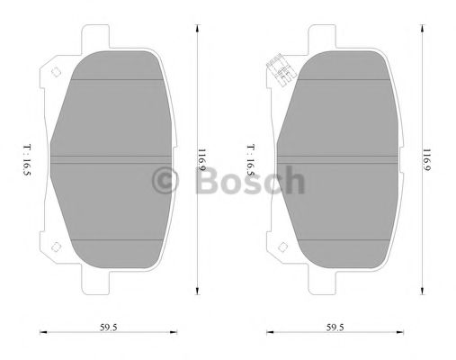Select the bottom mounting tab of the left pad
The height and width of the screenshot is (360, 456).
[x=107, y=287]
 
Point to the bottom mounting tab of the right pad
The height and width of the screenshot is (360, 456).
[x=331, y=287]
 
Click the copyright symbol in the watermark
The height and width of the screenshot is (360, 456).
[x=167, y=181]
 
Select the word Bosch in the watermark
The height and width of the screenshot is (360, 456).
[x=249, y=181]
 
